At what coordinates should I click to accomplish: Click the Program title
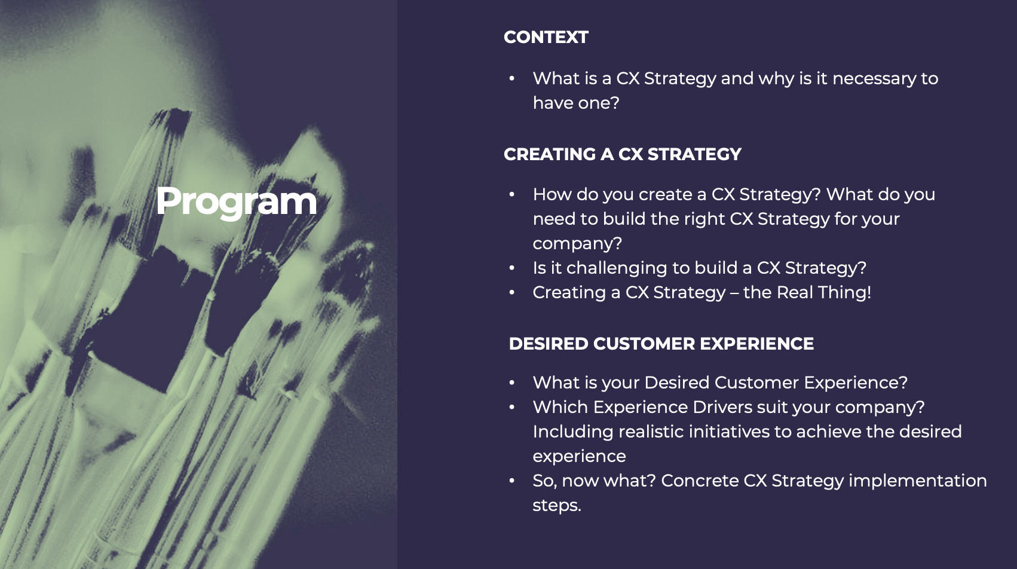236,201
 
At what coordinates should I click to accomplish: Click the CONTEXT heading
546,37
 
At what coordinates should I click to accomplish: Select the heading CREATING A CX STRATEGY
623,154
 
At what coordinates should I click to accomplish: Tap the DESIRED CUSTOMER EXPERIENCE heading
661,344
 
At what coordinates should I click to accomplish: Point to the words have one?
575,103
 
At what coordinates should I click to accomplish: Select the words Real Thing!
824,292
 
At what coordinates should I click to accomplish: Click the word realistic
651,432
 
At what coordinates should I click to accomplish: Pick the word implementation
918,481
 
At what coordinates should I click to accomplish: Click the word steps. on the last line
557,506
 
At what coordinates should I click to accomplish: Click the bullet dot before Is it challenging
511,268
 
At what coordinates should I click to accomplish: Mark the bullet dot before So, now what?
511,481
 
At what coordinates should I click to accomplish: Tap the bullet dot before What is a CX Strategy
511,78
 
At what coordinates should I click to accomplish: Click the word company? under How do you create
577,244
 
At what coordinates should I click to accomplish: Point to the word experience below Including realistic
580,457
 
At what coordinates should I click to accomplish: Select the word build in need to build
624,219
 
